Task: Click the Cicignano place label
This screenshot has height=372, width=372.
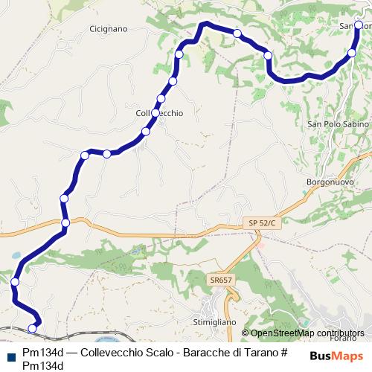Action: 109,29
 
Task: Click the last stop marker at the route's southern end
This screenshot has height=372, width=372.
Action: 32,328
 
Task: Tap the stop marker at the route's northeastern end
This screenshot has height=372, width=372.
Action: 359,25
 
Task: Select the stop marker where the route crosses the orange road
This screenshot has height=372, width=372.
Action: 65,222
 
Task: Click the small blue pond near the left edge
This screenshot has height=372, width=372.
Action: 15,255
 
